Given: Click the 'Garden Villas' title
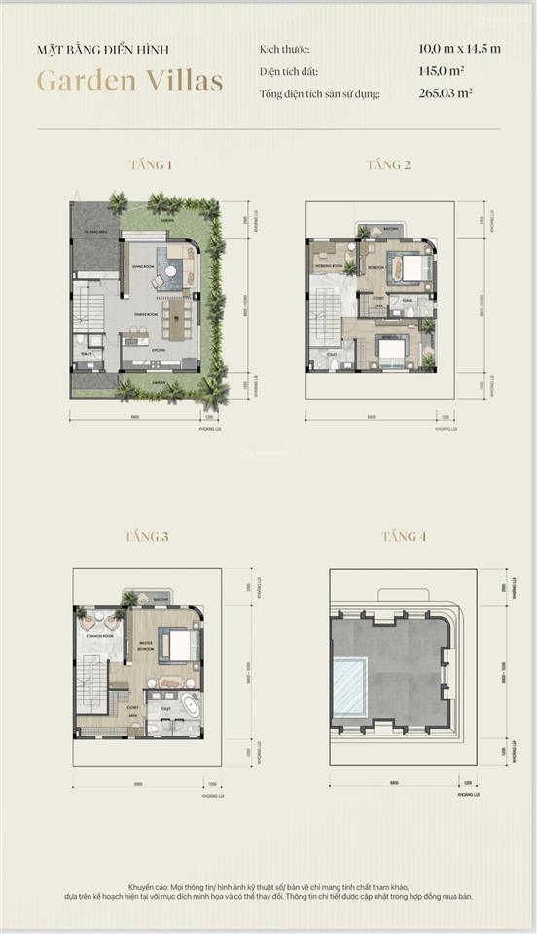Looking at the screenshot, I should [x=129, y=81].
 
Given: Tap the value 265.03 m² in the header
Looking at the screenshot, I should [x=445, y=94].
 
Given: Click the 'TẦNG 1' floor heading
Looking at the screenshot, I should [x=151, y=165].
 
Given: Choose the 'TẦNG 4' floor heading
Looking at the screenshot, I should [x=404, y=536].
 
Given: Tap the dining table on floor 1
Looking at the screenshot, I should [x=178, y=314].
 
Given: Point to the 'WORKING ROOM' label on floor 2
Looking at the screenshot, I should [x=331, y=266].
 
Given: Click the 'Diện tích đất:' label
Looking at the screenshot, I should [x=288, y=71].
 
